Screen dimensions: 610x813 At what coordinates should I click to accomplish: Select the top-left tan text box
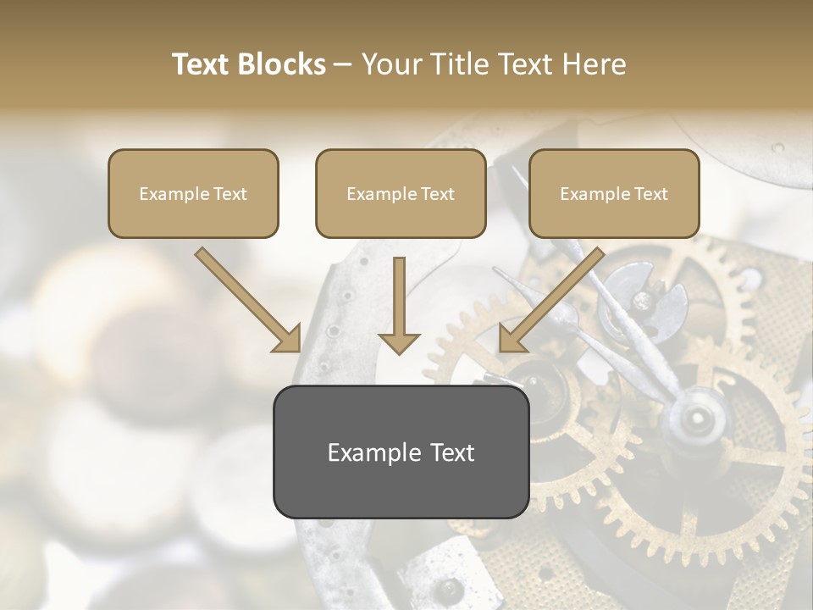[193, 194]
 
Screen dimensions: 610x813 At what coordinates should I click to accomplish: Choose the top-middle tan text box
[401, 194]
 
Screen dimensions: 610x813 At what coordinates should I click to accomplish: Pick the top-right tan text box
[614, 194]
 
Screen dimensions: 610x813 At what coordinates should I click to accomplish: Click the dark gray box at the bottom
[401, 452]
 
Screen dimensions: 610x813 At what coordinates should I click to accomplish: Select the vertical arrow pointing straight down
[399, 305]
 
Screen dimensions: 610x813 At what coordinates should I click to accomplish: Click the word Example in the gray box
[372, 452]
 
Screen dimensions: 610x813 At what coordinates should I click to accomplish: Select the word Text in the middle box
[437, 194]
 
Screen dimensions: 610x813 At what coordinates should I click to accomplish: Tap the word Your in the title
[390, 64]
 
